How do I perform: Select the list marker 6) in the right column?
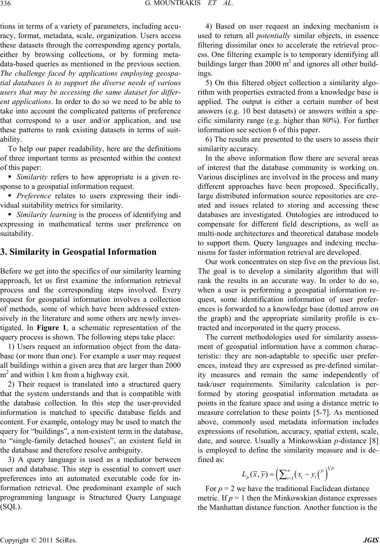209,140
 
